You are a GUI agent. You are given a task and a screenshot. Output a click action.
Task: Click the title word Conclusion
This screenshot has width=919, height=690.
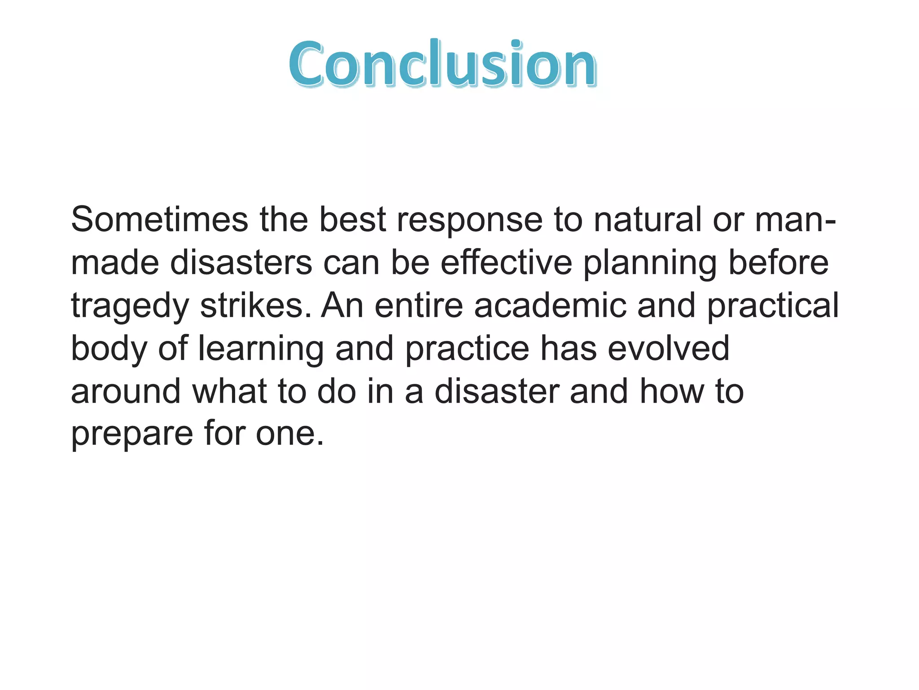[x=442, y=64]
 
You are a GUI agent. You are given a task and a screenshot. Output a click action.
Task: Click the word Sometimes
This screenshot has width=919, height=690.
[x=159, y=220]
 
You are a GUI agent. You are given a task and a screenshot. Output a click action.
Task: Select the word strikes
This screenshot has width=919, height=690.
[x=255, y=305]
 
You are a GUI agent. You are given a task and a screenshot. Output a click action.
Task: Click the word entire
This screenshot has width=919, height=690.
[x=419, y=305]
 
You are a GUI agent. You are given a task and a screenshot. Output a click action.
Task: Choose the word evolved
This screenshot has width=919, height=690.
[x=668, y=349]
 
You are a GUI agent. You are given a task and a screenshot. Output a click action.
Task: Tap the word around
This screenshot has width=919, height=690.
[x=126, y=391]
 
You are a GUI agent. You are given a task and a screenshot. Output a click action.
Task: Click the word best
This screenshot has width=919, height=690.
[x=353, y=220]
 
